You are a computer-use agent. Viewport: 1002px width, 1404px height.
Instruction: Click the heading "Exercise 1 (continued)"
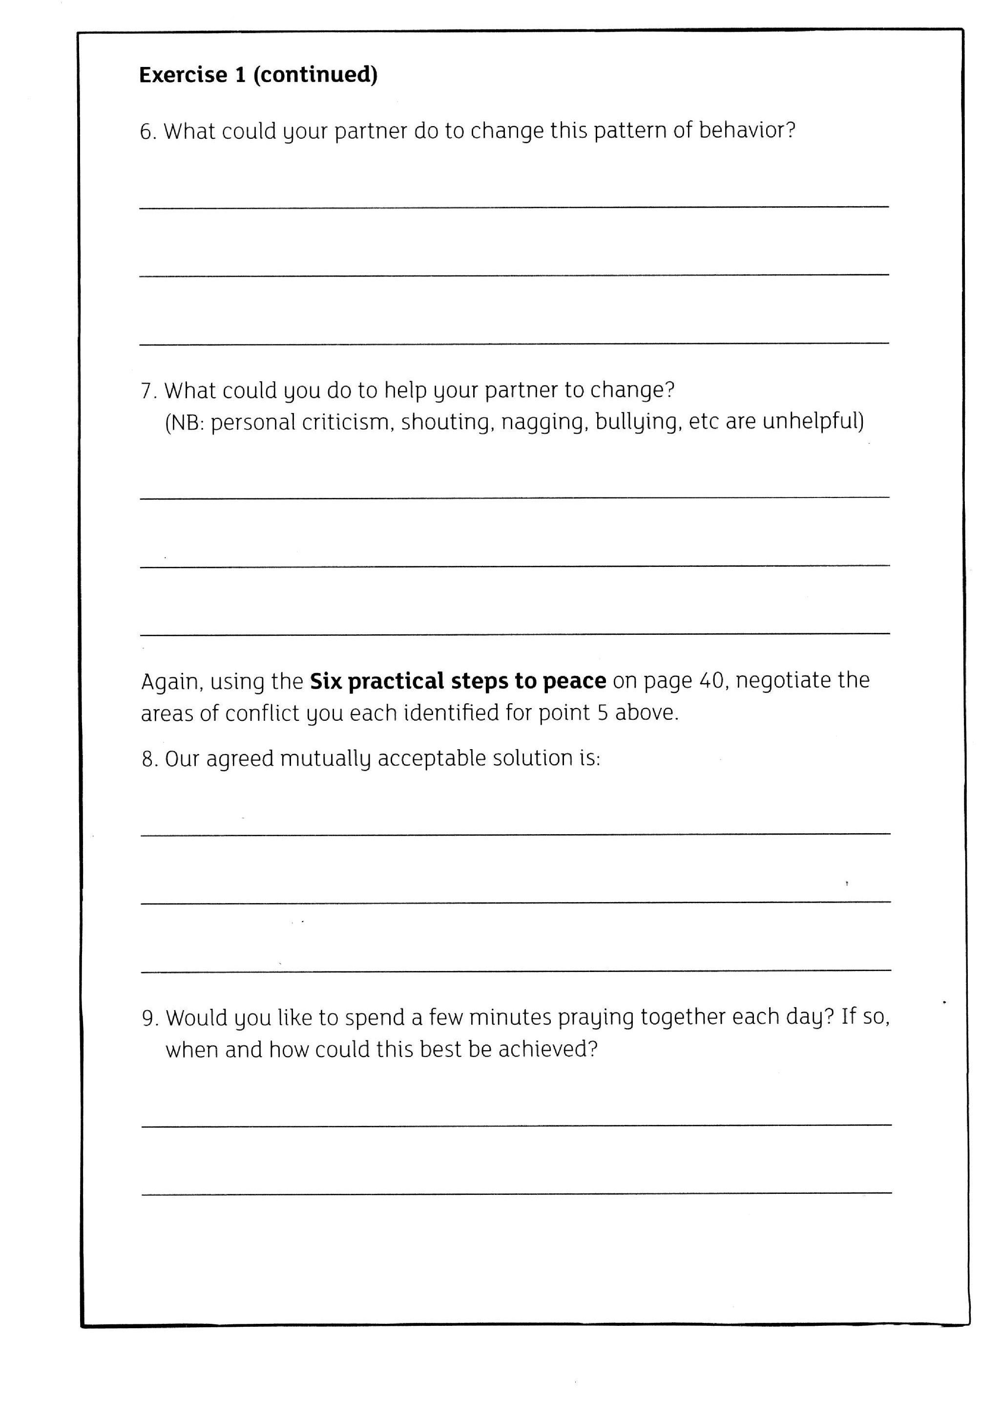[x=258, y=75]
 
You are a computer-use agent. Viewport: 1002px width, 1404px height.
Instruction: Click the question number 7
[x=147, y=391]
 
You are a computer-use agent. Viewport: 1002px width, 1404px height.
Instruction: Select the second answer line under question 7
[x=515, y=565]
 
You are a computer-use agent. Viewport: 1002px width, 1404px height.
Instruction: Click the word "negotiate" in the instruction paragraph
[x=783, y=680]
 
